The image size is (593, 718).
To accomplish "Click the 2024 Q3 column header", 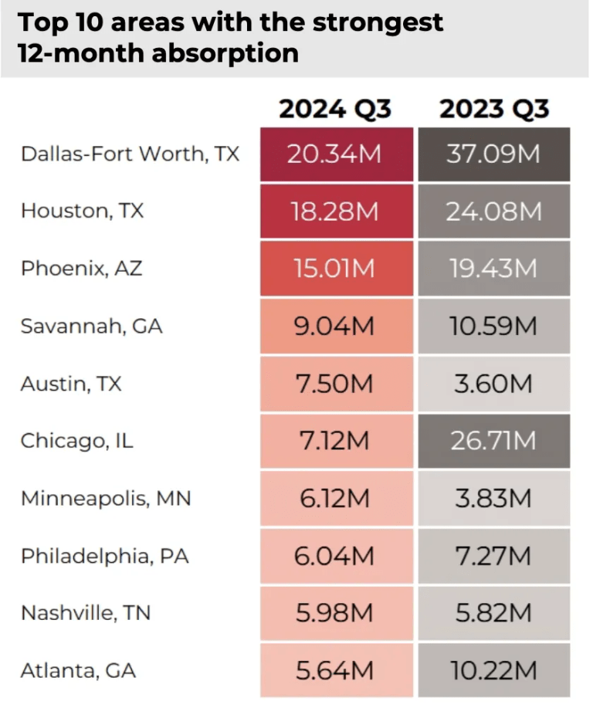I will pyautogui.click(x=335, y=109).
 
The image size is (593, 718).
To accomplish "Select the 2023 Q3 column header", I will pyautogui.click(x=494, y=109).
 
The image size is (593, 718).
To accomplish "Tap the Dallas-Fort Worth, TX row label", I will pyautogui.click(x=130, y=154).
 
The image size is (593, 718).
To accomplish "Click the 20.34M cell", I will pyautogui.click(x=335, y=154).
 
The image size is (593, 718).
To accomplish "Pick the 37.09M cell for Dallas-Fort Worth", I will pyautogui.click(x=494, y=154).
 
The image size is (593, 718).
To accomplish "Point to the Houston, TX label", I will pyautogui.click(x=83, y=210).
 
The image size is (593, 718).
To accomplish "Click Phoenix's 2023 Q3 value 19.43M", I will pyautogui.click(x=494, y=269).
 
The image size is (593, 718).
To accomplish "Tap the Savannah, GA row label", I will pyautogui.click(x=92, y=325).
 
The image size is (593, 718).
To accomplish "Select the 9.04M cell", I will pyautogui.click(x=335, y=326).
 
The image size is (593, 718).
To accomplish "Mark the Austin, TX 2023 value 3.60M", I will pyautogui.click(x=494, y=383).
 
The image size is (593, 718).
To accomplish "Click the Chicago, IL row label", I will pyautogui.click(x=77, y=440).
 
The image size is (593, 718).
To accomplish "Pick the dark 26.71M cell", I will pyautogui.click(x=494, y=440).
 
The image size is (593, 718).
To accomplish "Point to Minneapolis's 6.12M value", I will pyautogui.click(x=335, y=498).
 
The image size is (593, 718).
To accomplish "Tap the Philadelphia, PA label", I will pyautogui.click(x=105, y=555).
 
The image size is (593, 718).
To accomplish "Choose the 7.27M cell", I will pyautogui.click(x=494, y=555).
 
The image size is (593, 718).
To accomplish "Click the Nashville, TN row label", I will pyautogui.click(x=86, y=613).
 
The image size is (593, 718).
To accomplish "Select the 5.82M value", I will pyautogui.click(x=494, y=613).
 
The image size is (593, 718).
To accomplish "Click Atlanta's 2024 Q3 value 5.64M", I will pyautogui.click(x=335, y=670).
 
